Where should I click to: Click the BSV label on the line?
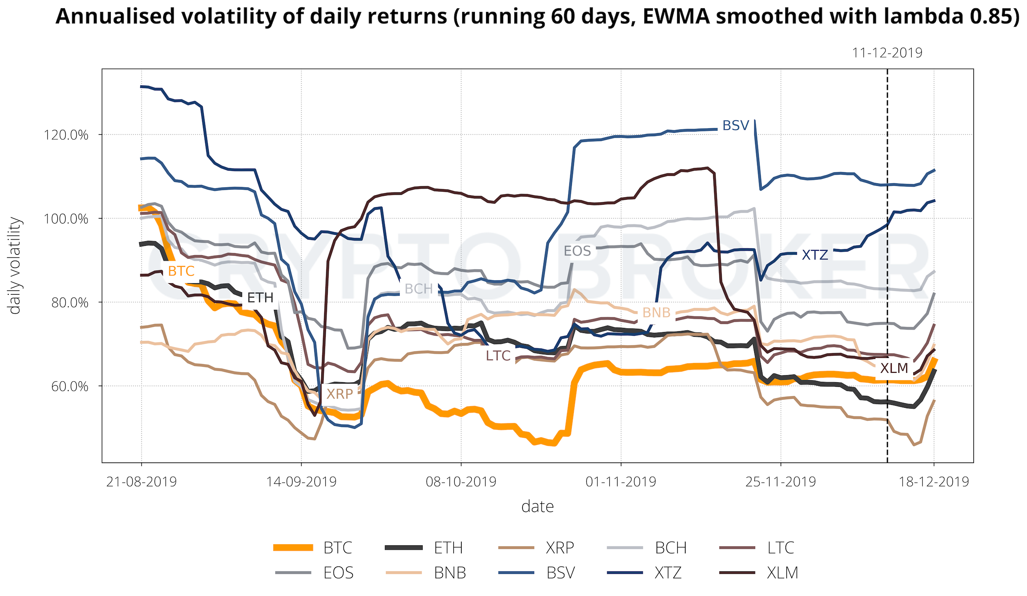coord(736,125)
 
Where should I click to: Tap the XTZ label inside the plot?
coord(815,255)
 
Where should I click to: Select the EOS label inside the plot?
coord(577,251)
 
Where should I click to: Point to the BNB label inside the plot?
coord(656,313)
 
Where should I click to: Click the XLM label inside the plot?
coord(894,368)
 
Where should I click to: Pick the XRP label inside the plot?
coord(340,394)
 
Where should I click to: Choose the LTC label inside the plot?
coord(498,356)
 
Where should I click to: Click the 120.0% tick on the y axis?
coord(66,135)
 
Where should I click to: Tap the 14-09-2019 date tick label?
coord(301,482)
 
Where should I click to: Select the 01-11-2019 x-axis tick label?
coord(621,482)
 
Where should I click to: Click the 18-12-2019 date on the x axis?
coord(934,482)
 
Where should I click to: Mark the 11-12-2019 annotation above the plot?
coord(887,53)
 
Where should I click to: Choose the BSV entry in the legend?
coord(560,573)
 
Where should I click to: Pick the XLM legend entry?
coord(782,573)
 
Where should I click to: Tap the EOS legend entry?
coord(338,573)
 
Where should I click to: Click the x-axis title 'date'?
coord(537,507)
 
